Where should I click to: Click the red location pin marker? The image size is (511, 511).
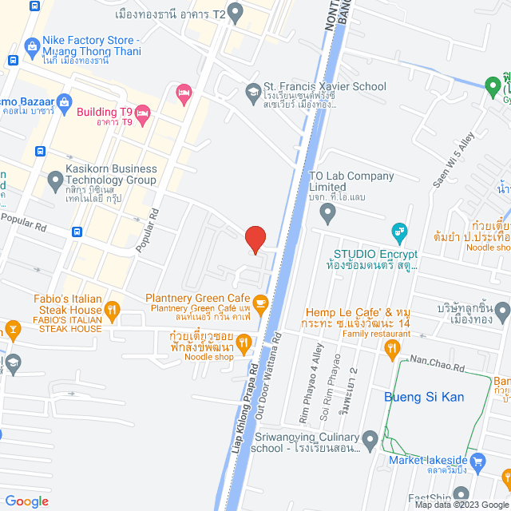pyautogui.click(x=255, y=239)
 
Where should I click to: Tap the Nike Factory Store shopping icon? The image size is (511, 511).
pyautogui.click(x=33, y=46)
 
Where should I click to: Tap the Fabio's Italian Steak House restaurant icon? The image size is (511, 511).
pyautogui.click(x=113, y=309)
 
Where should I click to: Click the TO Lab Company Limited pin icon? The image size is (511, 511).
pyautogui.click(x=327, y=213)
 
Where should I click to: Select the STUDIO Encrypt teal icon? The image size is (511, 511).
pyautogui.click(x=398, y=234)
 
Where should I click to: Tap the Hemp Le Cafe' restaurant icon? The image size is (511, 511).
pyautogui.click(x=392, y=347)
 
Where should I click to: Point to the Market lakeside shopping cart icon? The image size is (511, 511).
pyautogui.click(x=478, y=460)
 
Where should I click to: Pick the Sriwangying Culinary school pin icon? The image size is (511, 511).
pyautogui.click(x=370, y=438)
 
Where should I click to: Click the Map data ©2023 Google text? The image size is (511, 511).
pyautogui.click(x=461, y=505)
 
